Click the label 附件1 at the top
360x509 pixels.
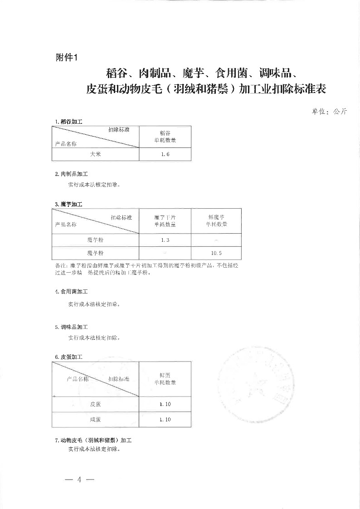click(x=66, y=58)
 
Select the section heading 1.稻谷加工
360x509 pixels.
click(x=68, y=122)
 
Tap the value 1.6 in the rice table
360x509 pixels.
click(x=165, y=155)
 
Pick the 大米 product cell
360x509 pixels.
click(x=95, y=155)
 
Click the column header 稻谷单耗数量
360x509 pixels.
click(x=165, y=137)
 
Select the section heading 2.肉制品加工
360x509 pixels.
click(x=71, y=174)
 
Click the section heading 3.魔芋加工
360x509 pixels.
click(x=68, y=204)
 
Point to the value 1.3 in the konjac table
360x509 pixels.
click(x=165, y=240)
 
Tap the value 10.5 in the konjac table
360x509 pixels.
click(x=216, y=253)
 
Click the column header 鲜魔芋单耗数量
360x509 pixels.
click(x=216, y=221)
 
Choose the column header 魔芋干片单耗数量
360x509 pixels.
click(x=165, y=221)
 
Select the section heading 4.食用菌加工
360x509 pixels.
click(x=71, y=292)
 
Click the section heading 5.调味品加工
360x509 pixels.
click(x=71, y=327)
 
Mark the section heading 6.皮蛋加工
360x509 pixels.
click(x=68, y=357)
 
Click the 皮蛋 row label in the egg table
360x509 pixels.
click(x=95, y=404)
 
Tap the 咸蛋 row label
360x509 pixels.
click(x=95, y=420)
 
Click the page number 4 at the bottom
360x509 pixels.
click(x=79, y=480)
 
